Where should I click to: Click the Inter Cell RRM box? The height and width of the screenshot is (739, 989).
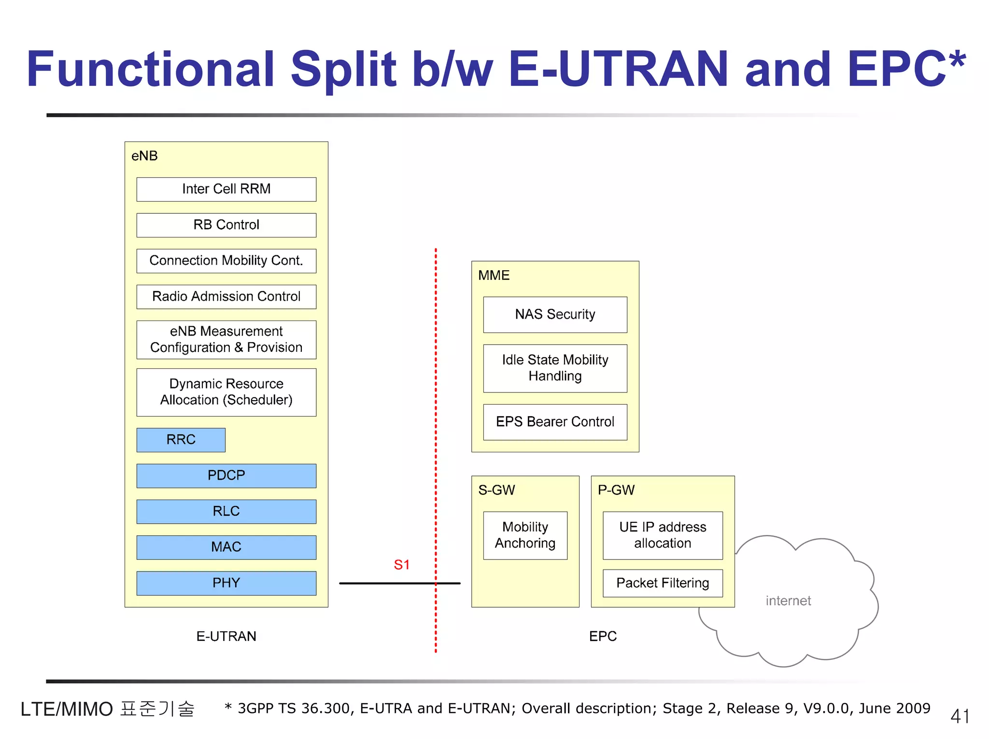[x=226, y=189]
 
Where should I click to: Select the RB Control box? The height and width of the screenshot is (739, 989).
[x=226, y=225]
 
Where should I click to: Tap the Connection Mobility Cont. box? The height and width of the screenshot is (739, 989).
[x=226, y=261]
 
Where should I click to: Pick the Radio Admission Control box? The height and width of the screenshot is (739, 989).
[x=226, y=296]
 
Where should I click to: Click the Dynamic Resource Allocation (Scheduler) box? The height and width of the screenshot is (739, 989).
[x=226, y=392]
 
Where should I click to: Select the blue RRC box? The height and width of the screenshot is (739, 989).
[x=181, y=440]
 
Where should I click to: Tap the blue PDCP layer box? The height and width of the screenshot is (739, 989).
[x=226, y=475]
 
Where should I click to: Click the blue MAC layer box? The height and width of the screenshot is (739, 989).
[x=226, y=547]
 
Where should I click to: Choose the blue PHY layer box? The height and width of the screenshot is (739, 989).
[x=226, y=583]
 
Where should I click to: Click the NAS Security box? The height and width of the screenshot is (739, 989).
[x=555, y=315]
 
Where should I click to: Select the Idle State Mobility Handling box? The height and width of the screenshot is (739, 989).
[x=555, y=368]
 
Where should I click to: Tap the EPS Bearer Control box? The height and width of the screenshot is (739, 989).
[x=555, y=422]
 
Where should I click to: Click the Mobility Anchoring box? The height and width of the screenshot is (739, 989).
[x=525, y=535]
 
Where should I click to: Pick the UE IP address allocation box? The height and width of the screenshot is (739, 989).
[x=663, y=535]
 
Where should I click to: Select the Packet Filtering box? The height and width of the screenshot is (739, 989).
[x=663, y=583]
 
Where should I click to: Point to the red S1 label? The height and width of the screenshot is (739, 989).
[x=402, y=565]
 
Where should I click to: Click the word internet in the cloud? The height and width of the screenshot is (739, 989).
[x=788, y=601]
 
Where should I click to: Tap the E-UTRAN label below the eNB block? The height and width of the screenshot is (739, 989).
[x=226, y=636]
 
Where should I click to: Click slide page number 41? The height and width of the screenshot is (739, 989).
[x=960, y=716]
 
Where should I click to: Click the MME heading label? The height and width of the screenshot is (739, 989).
[x=494, y=276]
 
